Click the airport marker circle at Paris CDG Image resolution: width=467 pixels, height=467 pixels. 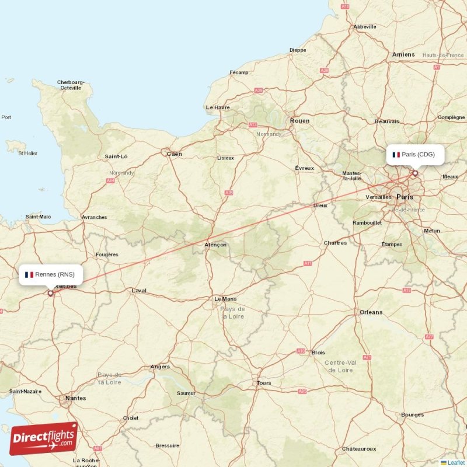[415, 173]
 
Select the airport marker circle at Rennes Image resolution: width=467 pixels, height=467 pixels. [50, 293]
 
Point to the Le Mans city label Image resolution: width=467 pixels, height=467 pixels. [225, 298]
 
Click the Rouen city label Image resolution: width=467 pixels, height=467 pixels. [299, 121]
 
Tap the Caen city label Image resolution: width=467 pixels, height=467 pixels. [175, 154]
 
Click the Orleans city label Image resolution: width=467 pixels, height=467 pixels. [371, 312]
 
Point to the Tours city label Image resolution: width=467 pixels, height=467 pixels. [264, 383]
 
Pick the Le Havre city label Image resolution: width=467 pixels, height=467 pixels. [218, 107]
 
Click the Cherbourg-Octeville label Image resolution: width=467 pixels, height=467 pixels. [71, 85]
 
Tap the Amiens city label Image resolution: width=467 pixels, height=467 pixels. [403, 54]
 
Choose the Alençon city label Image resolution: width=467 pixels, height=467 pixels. [215, 245]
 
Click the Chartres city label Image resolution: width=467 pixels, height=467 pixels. [335, 243]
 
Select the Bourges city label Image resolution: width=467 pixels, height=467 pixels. [412, 415]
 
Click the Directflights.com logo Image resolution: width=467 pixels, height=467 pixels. [44, 438]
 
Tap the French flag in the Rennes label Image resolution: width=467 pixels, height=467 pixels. [29, 274]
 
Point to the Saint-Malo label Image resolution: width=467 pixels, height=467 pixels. [38, 217]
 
